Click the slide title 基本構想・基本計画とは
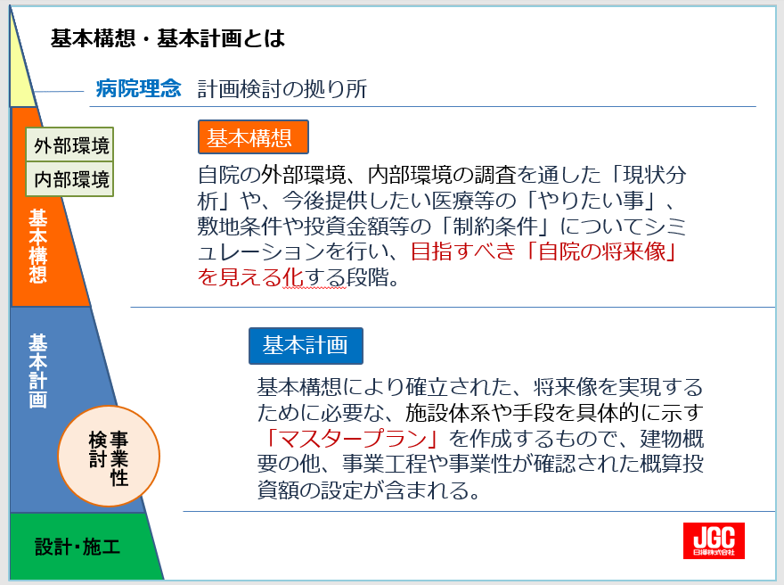(x=168, y=38)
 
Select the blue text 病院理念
(x=138, y=88)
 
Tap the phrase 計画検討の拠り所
(x=282, y=89)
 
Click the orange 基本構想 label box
(x=253, y=136)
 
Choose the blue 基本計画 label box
(x=306, y=345)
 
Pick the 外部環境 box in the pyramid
(x=70, y=145)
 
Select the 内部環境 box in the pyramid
(x=70, y=178)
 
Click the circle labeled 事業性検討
(x=109, y=457)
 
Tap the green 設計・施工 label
(x=78, y=547)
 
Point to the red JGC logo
(x=714, y=541)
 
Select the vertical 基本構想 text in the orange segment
(x=38, y=246)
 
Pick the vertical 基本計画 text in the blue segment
(x=38, y=371)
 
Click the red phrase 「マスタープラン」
(x=353, y=439)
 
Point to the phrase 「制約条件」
(x=495, y=227)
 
